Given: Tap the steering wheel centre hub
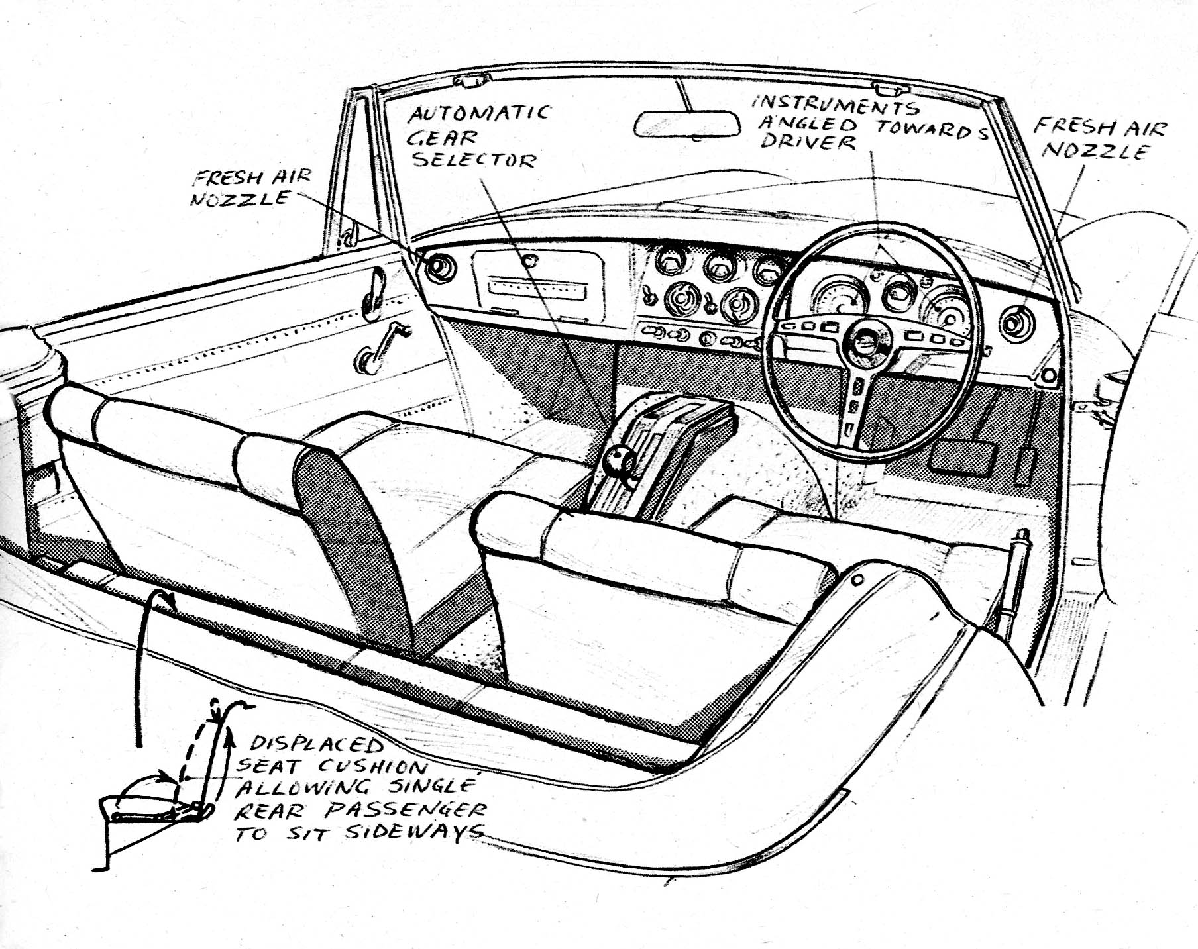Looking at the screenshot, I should (865, 342).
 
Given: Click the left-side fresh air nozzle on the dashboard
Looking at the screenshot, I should (439, 268).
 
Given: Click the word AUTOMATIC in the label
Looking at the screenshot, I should (478, 114).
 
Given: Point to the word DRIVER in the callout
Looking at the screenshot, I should (808, 141).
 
